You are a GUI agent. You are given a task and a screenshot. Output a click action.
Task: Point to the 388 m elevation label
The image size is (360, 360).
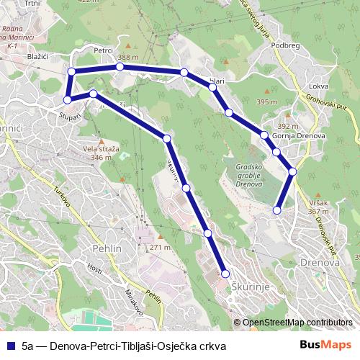pos(129,58)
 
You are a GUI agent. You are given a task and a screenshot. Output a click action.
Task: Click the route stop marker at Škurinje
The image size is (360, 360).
pos(225,274)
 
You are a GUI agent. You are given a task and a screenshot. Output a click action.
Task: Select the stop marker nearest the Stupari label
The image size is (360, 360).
pos(67,99)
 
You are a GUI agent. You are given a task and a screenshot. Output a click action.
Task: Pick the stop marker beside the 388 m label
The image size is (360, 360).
pos(120,67)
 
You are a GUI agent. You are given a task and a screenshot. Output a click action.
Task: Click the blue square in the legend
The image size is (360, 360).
pos(10,346)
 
